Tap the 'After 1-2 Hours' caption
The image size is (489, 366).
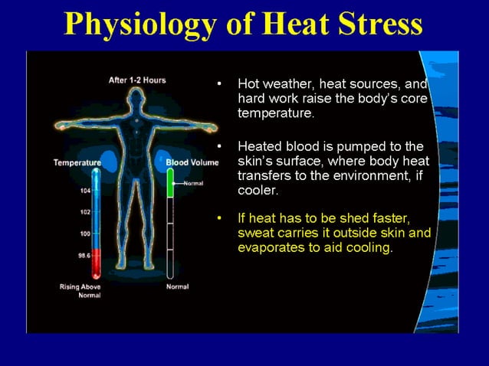pyautogui.click(x=137, y=80)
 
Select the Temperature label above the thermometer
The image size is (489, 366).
pyautogui.click(x=77, y=162)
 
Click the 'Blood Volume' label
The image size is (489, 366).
pyautogui.click(x=192, y=162)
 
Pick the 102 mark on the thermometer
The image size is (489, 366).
pyautogui.click(x=85, y=211)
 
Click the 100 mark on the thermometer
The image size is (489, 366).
pyautogui.click(x=85, y=233)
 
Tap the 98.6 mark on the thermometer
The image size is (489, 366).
pyautogui.click(x=84, y=256)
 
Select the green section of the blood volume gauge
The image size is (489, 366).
pyautogui.click(x=170, y=185)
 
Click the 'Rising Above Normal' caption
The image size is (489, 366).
pyautogui.click(x=80, y=290)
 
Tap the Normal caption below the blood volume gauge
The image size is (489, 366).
pyautogui.click(x=177, y=286)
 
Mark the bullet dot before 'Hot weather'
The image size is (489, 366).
pyautogui.click(x=220, y=83)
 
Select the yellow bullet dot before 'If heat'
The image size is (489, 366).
pyautogui.click(x=220, y=218)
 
